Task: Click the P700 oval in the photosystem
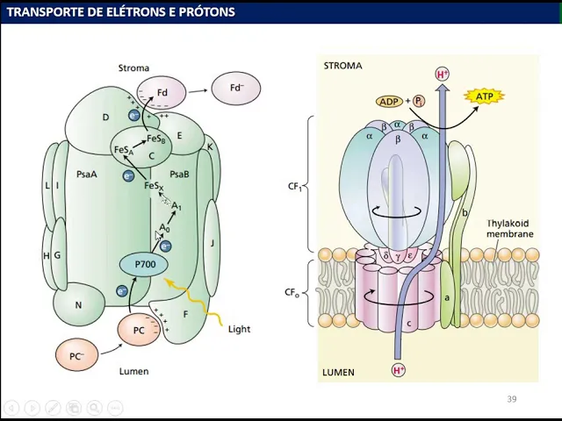coord(144,265)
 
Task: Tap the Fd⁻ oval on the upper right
coord(235,89)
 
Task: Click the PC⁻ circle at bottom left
coord(76,356)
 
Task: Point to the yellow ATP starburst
coord(484,96)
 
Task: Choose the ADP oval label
coord(389,102)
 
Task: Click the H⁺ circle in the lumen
coord(399,370)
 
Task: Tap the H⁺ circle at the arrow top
coord(443,75)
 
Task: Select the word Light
coord(239,329)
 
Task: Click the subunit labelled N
coord(78,305)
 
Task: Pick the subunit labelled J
coord(212,243)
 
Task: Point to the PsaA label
coord(86,175)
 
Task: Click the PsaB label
coord(179,175)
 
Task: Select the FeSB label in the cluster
coord(156,139)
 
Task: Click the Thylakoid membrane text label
coord(510,229)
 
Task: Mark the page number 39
coord(511,399)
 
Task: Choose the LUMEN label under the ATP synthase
coord(338,372)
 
